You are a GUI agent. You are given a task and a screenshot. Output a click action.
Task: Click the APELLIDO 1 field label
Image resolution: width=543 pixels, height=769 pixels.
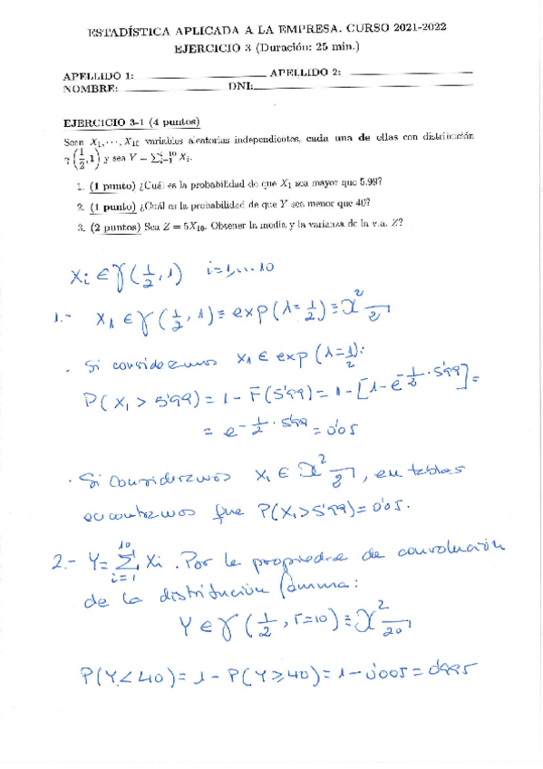tap(98, 76)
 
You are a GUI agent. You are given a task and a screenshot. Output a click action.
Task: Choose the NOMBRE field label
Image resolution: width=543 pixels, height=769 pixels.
tap(91, 89)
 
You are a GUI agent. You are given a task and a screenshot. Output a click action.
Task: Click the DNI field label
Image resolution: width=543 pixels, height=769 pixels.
tap(239, 86)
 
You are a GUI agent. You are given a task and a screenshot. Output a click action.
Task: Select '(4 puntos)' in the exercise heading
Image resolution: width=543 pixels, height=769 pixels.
tap(175, 122)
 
